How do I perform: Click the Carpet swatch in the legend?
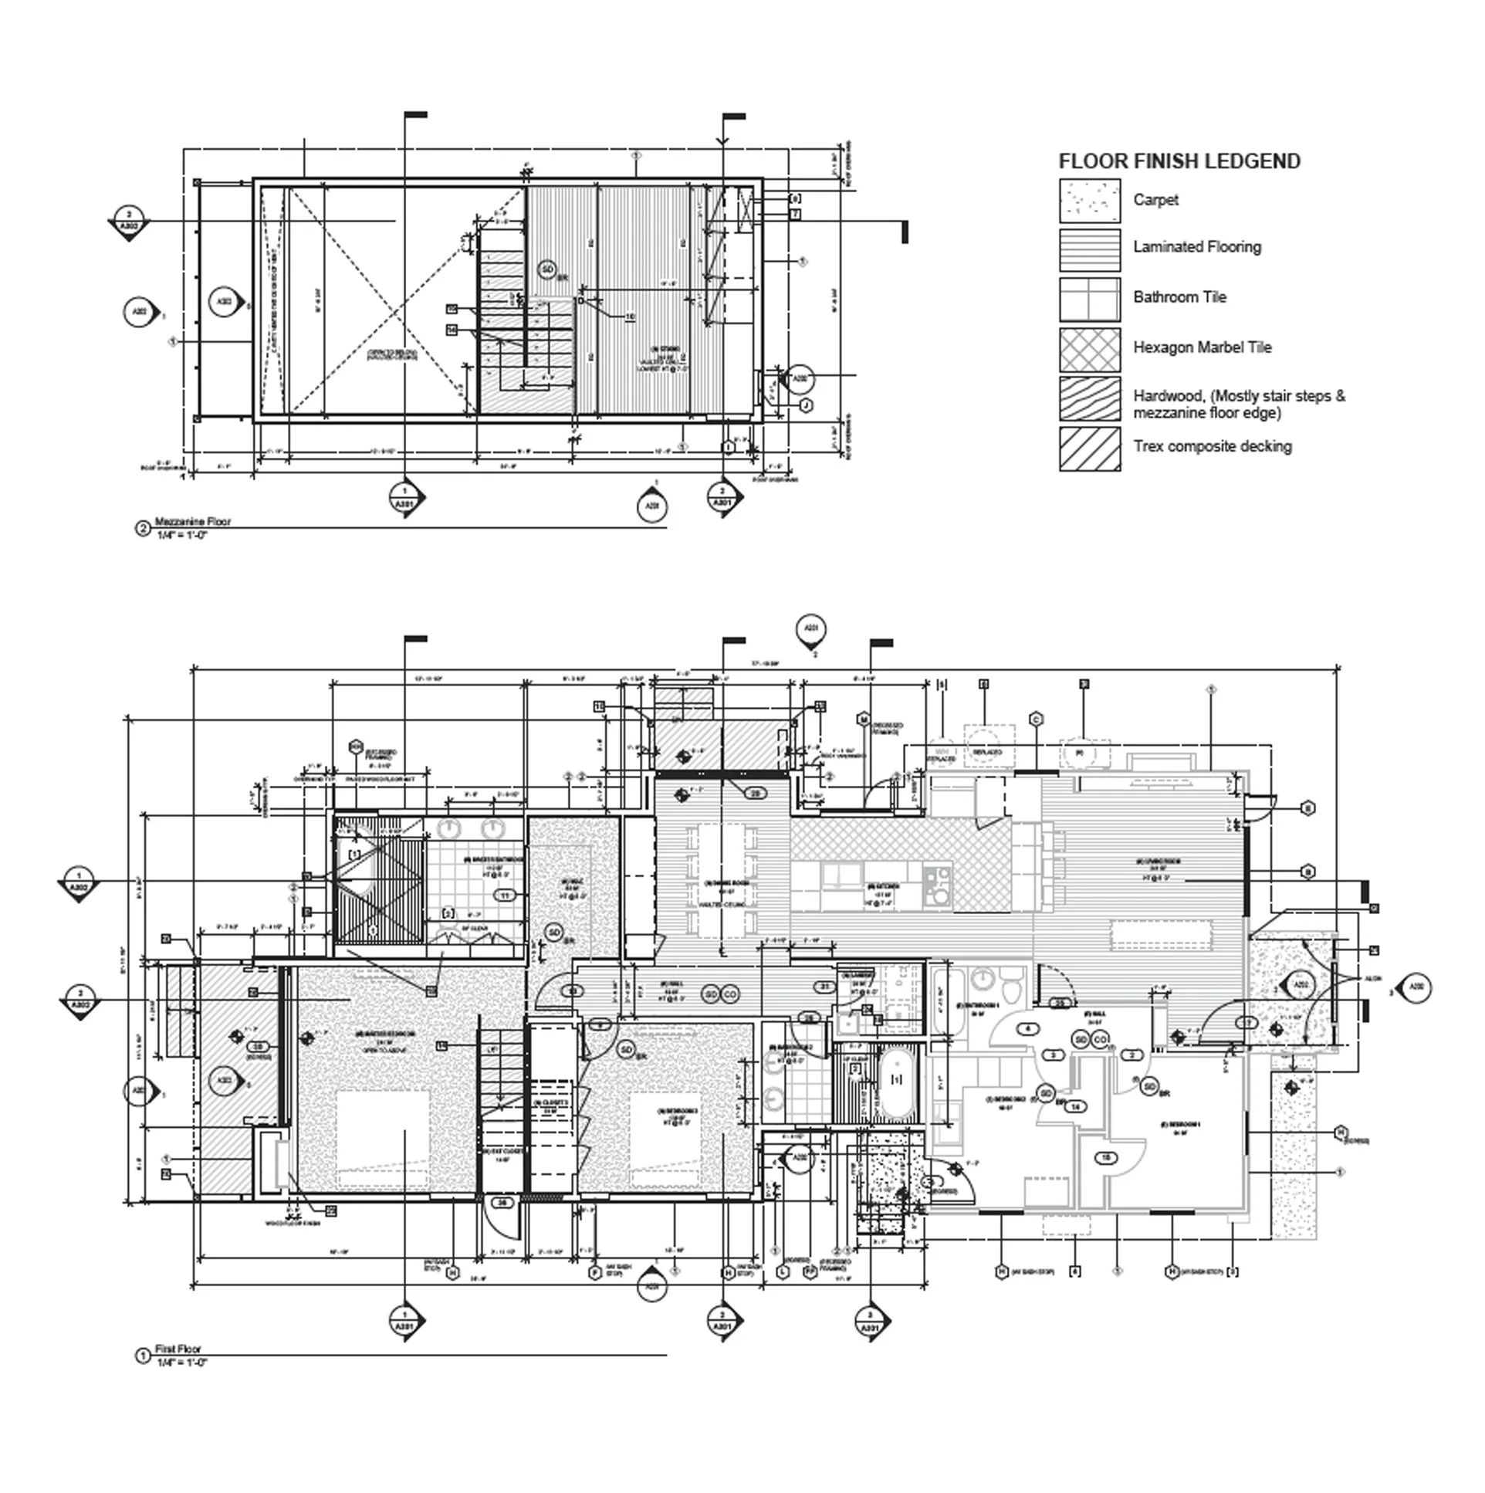click(x=1089, y=201)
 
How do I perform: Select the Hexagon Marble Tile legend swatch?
click(x=1089, y=350)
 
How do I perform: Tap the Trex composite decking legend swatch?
click(x=1089, y=449)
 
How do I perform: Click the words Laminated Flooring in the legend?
click(x=1197, y=247)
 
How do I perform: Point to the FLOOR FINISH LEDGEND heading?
click(x=1179, y=161)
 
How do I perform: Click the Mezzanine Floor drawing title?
click(x=192, y=522)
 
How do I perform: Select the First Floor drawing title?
click(x=178, y=1349)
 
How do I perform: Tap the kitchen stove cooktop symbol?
click(x=938, y=885)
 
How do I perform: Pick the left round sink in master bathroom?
click(x=448, y=829)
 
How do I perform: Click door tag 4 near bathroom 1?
click(x=1027, y=1028)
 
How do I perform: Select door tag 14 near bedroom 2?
click(x=1075, y=1107)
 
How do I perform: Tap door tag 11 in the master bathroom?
click(x=506, y=895)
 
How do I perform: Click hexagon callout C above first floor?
click(x=1036, y=719)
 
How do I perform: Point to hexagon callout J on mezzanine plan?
click(x=806, y=405)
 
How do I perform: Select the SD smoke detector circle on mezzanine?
click(x=547, y=269)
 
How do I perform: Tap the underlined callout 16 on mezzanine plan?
click(x=629, y=316)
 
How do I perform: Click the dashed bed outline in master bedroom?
click(x=384, y=1139)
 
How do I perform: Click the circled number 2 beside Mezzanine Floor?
click(x=143, y=529)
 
